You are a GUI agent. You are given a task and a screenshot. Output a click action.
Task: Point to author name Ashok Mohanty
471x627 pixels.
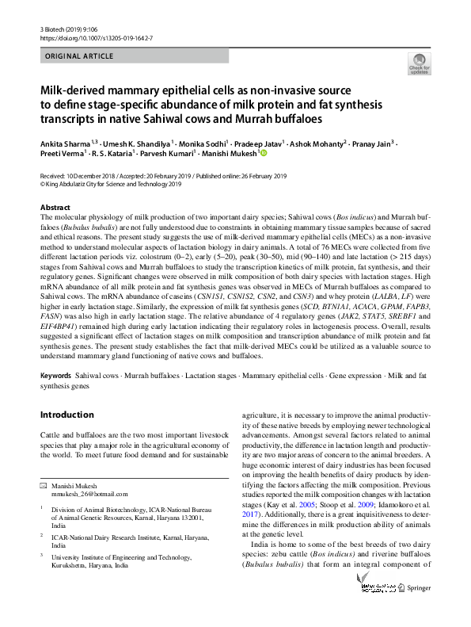click(316, 143)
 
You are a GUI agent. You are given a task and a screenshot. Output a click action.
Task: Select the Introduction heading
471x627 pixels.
click(66, 414)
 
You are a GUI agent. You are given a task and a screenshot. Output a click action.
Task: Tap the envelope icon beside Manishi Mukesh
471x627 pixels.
click(44, 484)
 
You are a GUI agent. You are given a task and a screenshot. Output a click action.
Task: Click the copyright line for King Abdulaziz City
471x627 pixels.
click(111, 184)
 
